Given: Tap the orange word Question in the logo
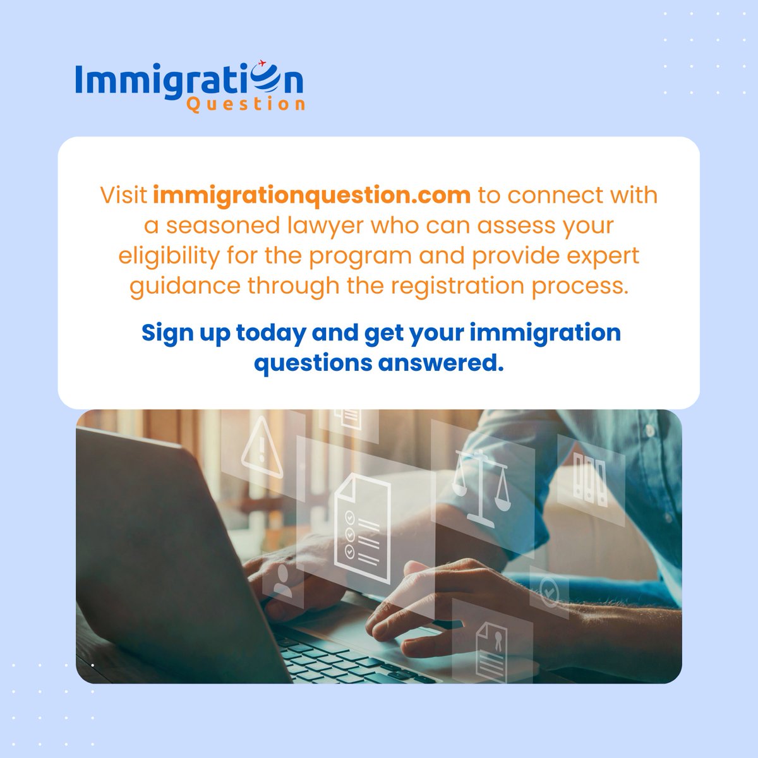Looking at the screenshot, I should pos(246,104).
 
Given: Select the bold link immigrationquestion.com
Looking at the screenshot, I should pos(311,195).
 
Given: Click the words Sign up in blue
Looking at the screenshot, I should pos(186,333).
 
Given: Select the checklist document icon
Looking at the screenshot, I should pos(362,527).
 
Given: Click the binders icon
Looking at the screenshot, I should pos(589,480).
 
